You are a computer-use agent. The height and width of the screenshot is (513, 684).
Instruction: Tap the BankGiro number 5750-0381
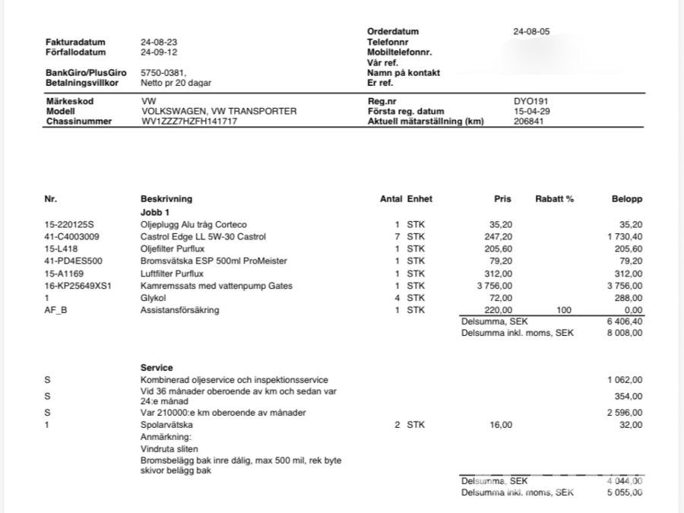tap(163, 73)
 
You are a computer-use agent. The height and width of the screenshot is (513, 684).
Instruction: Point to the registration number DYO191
tap(530, 101)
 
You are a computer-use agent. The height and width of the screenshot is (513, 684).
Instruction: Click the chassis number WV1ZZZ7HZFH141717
tap(189, 122)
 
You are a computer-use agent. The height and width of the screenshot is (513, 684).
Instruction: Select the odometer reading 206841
tap(529, 122)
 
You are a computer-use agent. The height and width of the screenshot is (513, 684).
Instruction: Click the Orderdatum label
tap(392, 31)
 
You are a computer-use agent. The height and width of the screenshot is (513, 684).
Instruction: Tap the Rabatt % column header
tap(553, 199)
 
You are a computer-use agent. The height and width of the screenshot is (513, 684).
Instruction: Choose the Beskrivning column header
tap(166, 199)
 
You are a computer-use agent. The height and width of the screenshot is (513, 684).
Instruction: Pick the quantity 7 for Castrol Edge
tap(397, 236)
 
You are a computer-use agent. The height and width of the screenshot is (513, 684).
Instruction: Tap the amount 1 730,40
tap(625, 236)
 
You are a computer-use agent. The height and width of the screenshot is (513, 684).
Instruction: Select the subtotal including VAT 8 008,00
tap(625, 334)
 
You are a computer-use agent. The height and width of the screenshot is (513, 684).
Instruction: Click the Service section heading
tap(157, 368)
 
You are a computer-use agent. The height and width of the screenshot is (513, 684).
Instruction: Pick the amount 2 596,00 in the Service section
tap(625, 413)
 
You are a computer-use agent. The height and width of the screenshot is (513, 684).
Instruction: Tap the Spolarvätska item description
tap(166, 425)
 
